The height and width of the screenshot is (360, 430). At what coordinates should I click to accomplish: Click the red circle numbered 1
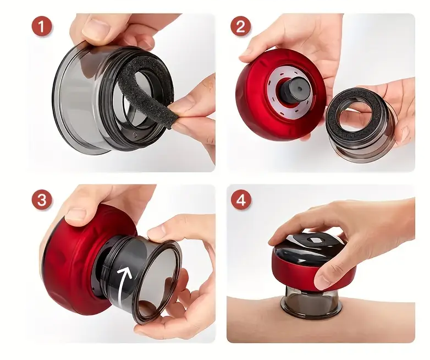[x=41, y=27]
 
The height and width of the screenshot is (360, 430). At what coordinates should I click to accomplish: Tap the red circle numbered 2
[x=240, y=26]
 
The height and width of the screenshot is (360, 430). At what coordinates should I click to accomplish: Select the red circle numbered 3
[x=41, y=200]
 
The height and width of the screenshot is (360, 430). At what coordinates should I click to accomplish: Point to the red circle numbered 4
[x=241, y=200]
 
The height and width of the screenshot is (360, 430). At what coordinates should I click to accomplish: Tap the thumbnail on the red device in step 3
[x=76, y=214]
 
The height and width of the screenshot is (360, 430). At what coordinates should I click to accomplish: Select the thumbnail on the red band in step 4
[x=323, y=277]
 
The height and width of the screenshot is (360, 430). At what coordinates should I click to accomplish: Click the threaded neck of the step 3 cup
[x=109, y=270]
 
